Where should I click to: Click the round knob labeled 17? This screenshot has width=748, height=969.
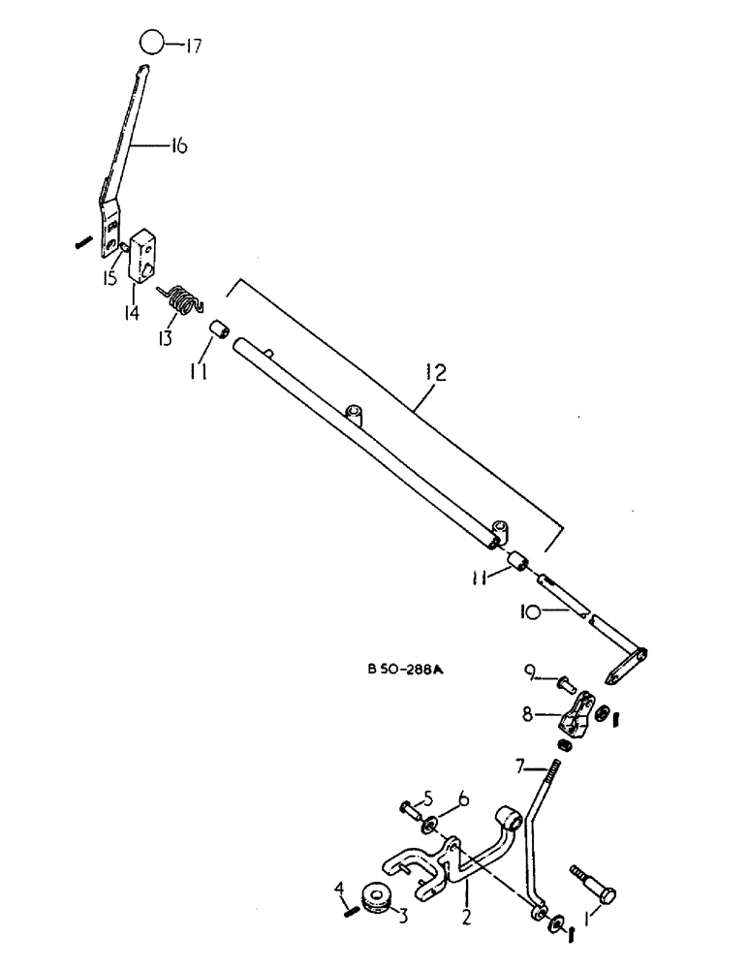[x=151, y=44]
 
